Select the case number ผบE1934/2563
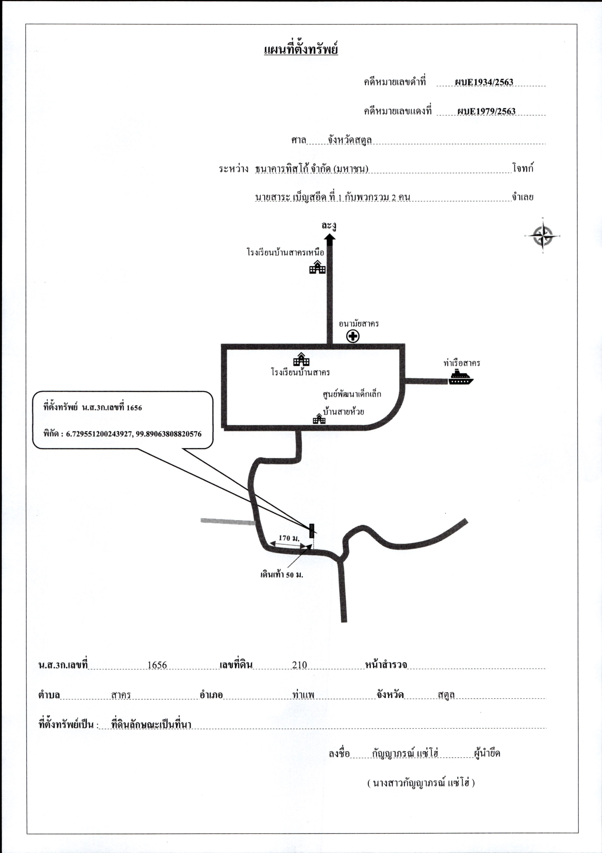pyautogui.click(x=484, y=82)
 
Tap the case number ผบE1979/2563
pyautogui.click(x=486, y=111)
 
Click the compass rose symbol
pyautogui.click(x=543, y=236)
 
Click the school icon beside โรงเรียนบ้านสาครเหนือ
pyautogui.click(x=317, y=267)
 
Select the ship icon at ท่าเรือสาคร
pyautogui.click(x=461, y=377)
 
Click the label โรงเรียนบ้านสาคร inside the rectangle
pyautogui.click(x=300, y=372)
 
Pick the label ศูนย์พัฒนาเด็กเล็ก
pyautogui.click(x=352, y=394)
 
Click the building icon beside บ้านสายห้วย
pyautogui.click(x=319, y=419)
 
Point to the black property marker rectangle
pyautogui.click(x=312, y=530)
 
